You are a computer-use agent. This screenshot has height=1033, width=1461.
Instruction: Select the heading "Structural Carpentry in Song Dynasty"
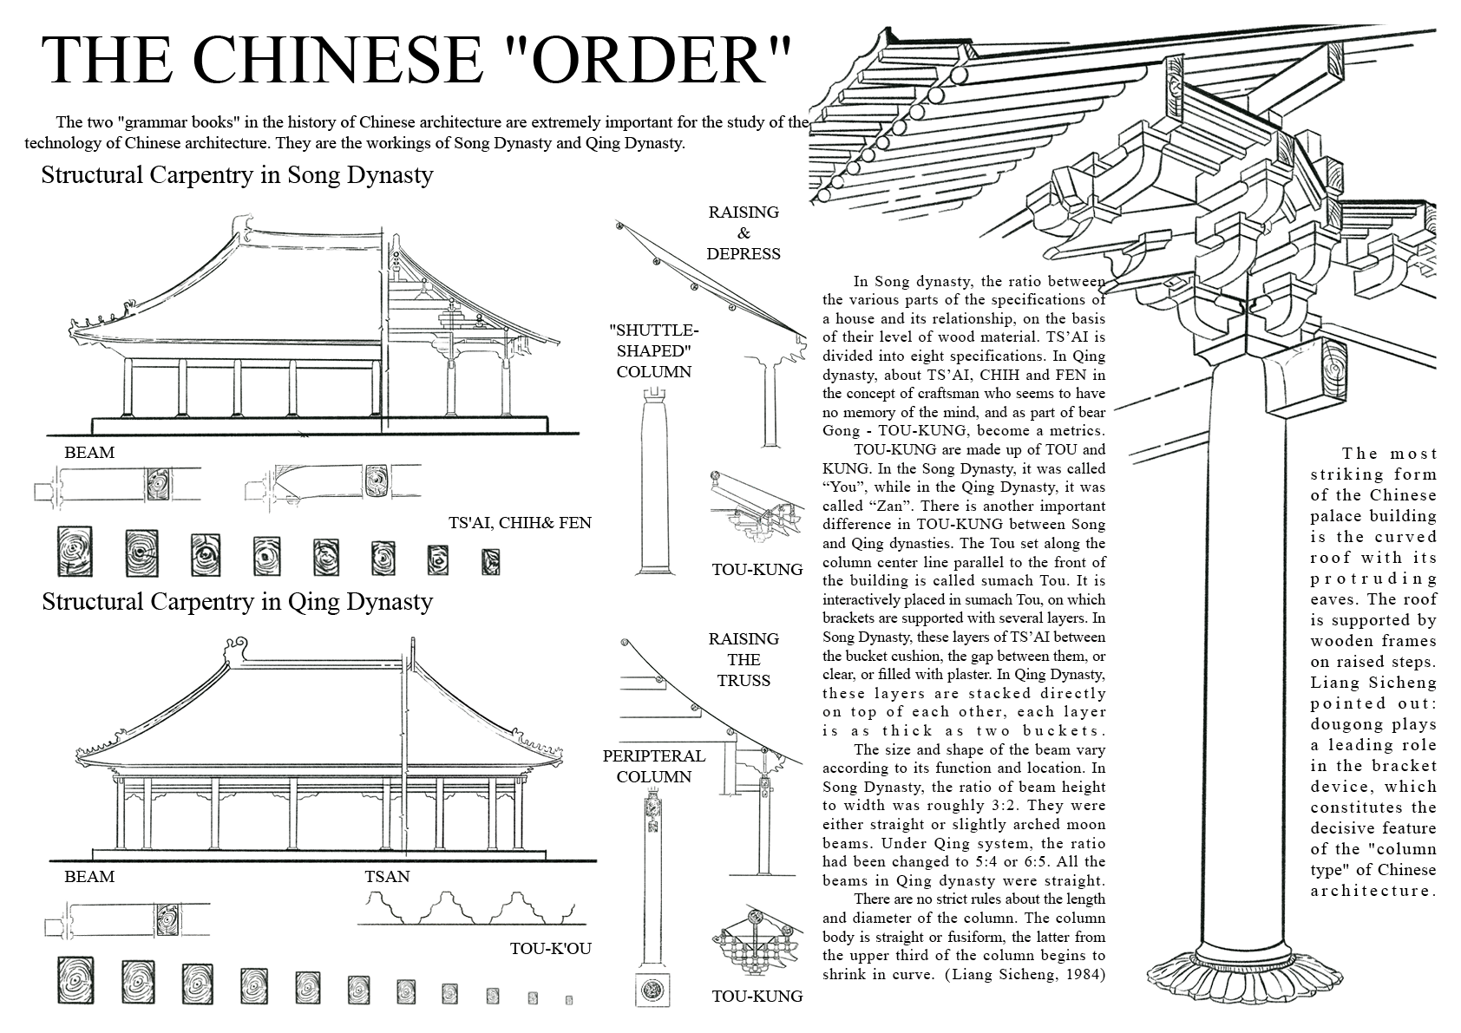[237, 175]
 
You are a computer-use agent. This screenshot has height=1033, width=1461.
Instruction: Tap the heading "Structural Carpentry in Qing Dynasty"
[237, 601]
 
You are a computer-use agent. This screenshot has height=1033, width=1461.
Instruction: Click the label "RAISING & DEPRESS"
[744, 232]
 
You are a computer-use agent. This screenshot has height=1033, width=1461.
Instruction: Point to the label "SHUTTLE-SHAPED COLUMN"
[653, 351]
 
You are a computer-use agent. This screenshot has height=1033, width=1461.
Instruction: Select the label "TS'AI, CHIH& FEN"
[520, 522]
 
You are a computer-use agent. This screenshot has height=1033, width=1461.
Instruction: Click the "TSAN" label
[387, 877]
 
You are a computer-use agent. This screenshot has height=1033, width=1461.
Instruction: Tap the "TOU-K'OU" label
[551, 948]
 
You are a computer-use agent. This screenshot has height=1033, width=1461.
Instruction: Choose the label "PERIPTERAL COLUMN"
[653, 766]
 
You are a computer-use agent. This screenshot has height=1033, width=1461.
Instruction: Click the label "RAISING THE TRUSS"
[744, 659]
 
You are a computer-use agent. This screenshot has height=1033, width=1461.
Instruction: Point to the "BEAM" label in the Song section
[89, 453]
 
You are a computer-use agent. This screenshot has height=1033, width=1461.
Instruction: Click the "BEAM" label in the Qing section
[89, 877]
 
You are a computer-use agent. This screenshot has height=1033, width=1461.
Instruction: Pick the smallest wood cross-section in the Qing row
[569, 1000]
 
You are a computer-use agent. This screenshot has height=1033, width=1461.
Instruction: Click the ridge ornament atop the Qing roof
[235, 647]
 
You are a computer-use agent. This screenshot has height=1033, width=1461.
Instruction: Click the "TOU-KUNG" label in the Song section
[757, 570]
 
